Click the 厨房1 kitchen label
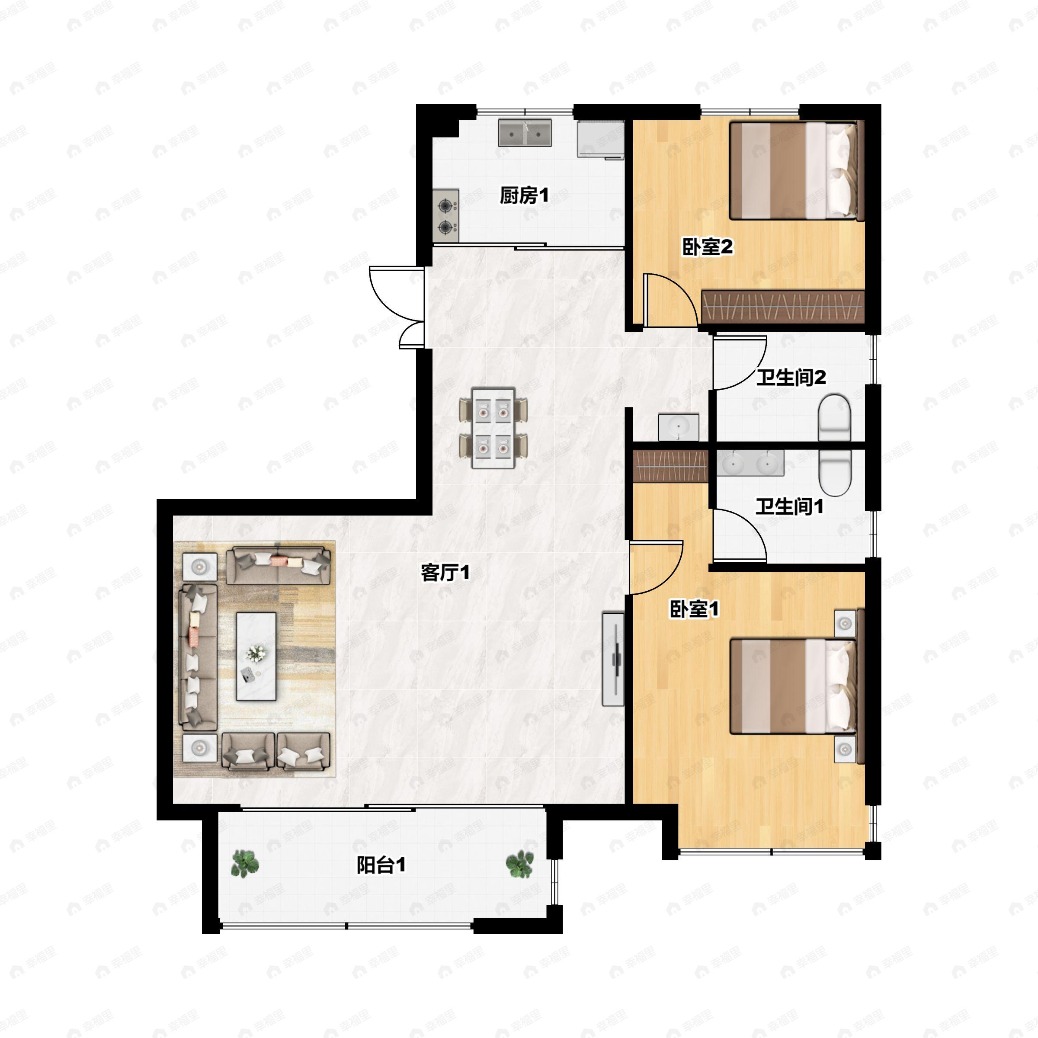524,195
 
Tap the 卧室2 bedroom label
707,247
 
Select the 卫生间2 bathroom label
791,377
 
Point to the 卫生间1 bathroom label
789,506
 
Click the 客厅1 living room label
445,573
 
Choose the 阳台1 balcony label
381,865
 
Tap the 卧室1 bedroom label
694,609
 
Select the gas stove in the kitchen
446,215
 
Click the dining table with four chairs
493,428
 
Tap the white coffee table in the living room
256,657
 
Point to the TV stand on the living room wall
613,659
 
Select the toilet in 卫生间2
834,417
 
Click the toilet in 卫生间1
835,472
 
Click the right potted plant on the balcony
519,865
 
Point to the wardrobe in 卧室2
783,307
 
